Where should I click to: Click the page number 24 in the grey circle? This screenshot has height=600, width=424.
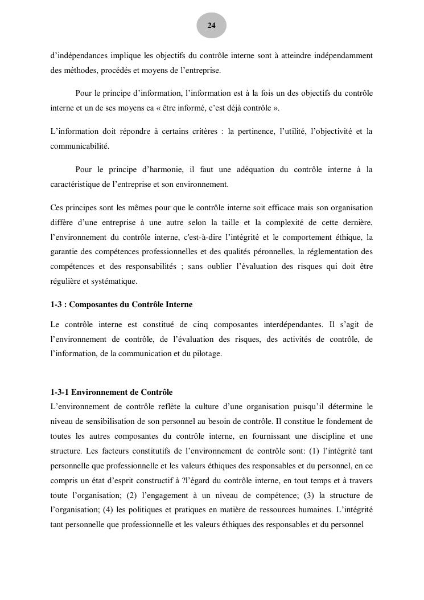[212, 26]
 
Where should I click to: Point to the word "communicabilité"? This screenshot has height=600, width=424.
[79, 146]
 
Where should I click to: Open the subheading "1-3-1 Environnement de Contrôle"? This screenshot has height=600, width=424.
[112, 392]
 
